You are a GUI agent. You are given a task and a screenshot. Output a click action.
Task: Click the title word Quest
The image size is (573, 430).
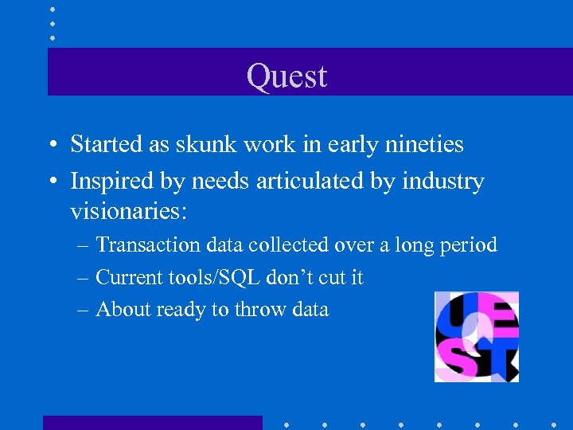pos(286,76)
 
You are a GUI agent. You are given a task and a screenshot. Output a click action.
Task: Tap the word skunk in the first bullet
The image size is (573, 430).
pos(212,144)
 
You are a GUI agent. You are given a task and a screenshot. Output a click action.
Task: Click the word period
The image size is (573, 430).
pos(470,244)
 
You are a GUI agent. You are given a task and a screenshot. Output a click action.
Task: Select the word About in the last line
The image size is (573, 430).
pos(119,310)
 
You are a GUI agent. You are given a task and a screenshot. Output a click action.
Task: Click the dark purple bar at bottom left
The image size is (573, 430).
pos(152,422)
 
